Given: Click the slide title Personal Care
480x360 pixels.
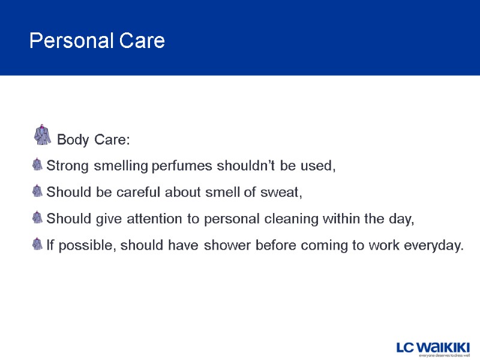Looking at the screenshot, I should point(97,41).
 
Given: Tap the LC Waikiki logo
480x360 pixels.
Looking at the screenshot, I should point(433,347).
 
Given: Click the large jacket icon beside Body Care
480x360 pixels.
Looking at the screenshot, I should point(43,135).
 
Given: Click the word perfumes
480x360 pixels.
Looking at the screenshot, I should point(179,166).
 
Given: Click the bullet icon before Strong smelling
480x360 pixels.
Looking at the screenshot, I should point(38,165).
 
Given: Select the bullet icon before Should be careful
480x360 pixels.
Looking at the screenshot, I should point(38,191).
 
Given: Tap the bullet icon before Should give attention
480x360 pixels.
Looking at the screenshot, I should point(38,218).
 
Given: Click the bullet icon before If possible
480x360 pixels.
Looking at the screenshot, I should point(38,244).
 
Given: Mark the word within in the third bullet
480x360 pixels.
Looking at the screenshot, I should point(353,219).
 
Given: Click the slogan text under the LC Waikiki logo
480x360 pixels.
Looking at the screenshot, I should point(444,356).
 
